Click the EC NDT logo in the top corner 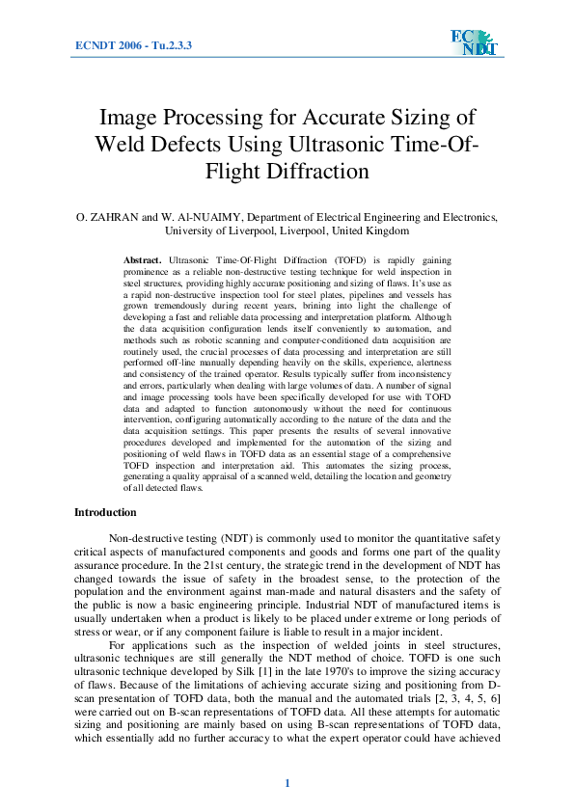point(471,43)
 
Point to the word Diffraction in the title point(319,172)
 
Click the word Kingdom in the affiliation point(384,231)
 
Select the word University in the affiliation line point(193,231)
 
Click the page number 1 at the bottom point(287,783)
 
